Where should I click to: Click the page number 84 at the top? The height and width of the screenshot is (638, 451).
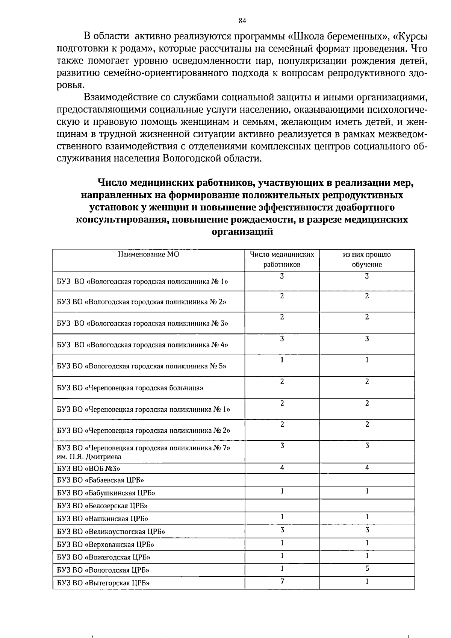242,21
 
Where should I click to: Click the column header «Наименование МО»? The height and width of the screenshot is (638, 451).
148,255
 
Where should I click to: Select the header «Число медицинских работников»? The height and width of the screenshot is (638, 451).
282,259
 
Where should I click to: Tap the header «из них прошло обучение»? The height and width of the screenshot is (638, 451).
367,259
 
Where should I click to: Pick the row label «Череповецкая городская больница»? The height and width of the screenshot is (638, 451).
130,388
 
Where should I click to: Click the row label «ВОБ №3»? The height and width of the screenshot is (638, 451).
89,468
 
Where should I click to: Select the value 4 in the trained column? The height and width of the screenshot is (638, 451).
367,468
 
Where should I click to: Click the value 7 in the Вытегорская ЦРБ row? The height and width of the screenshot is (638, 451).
282,581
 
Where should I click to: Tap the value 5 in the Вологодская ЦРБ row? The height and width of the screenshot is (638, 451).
367,568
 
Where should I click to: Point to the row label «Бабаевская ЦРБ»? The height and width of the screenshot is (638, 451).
101,480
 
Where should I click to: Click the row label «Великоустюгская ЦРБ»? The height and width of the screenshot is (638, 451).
111,532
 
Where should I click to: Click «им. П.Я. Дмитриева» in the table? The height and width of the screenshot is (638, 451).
89,457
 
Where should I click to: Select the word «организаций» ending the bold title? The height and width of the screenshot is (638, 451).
242,232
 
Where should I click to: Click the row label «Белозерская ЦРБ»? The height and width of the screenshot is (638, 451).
102,506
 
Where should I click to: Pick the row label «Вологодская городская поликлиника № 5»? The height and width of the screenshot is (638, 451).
142,366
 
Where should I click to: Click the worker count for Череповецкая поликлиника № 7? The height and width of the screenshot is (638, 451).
282,446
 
